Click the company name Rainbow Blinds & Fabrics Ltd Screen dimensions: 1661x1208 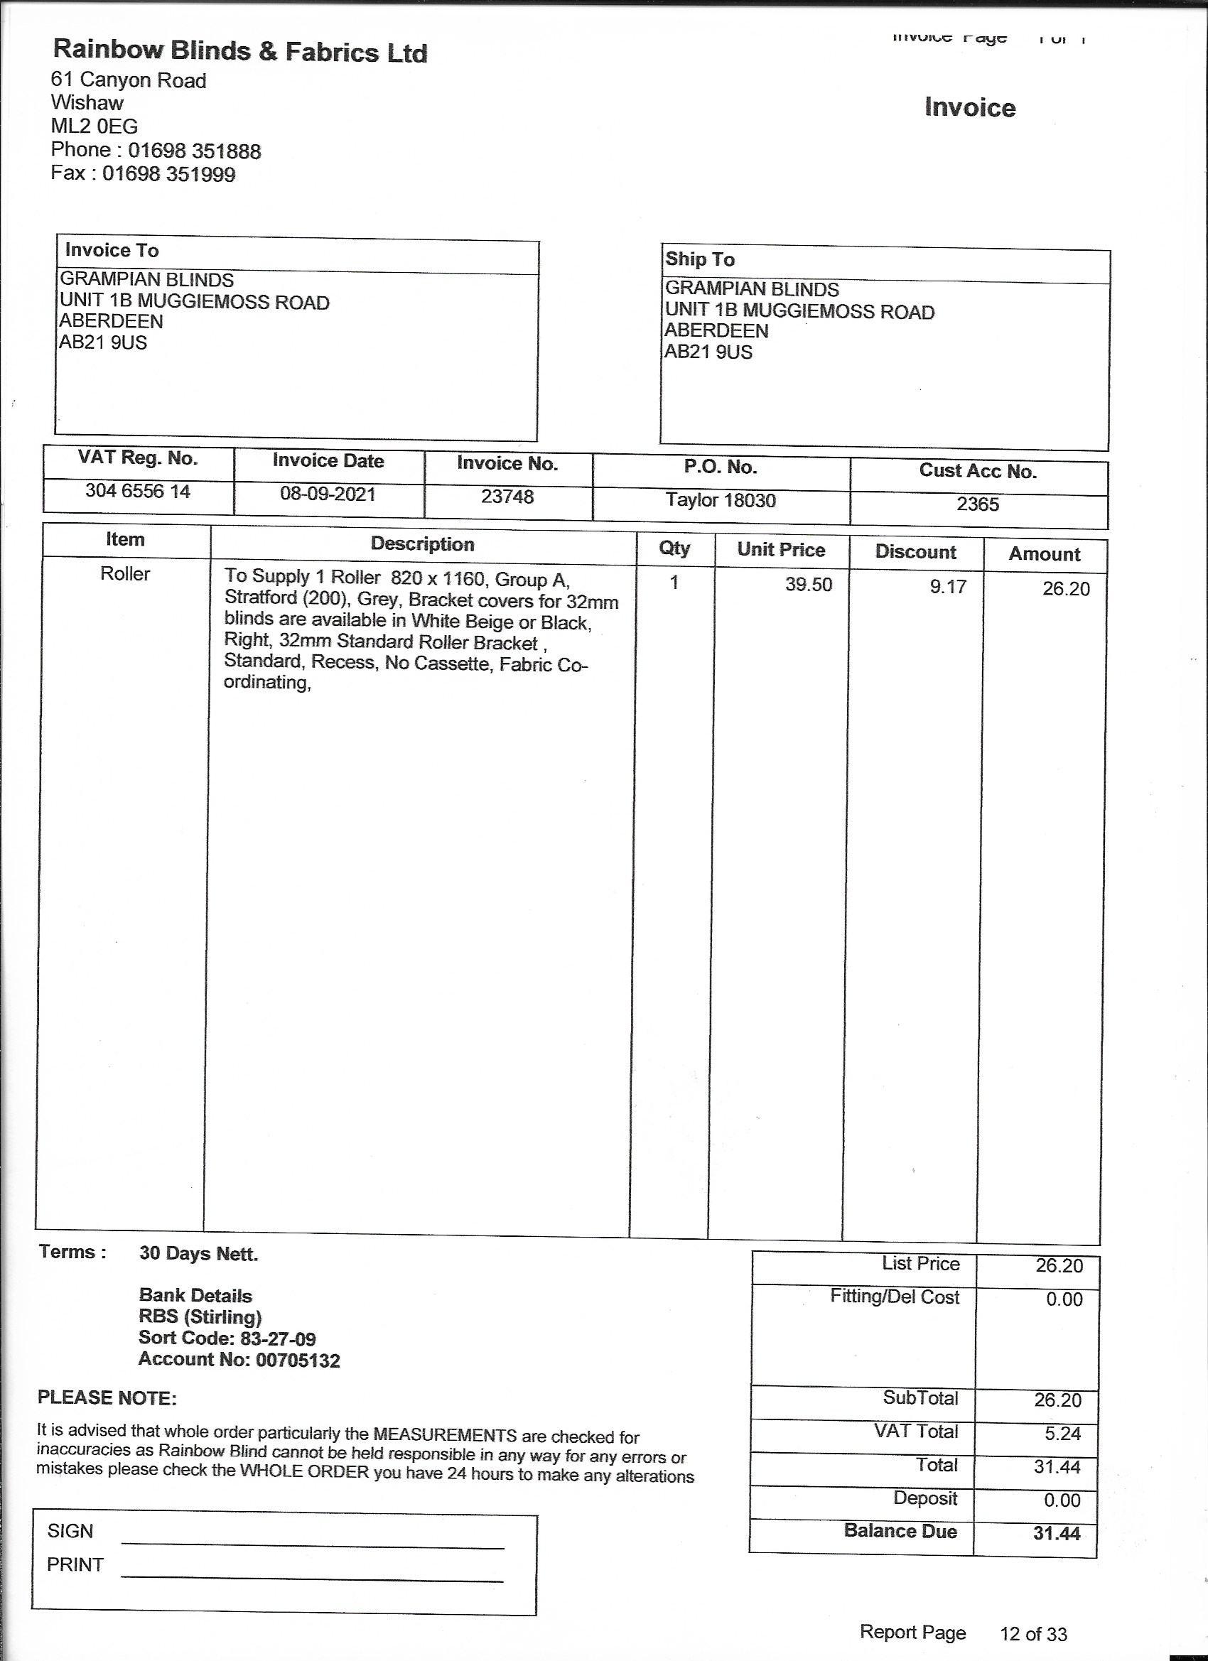pos(240,51)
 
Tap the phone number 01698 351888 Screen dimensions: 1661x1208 pos(194,151)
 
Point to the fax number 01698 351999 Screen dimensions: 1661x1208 pos(168,174)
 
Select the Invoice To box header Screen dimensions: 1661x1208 pos(112,251)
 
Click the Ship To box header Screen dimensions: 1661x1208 pos(700,259)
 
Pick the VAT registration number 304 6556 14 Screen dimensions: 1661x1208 pos(138,491)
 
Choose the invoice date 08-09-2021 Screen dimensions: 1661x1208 pos(328,494)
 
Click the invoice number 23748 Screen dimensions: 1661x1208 pos(507,497)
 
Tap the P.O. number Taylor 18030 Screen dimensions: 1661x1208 pos(720,500)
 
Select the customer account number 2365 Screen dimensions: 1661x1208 pos(977,504)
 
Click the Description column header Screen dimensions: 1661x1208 pos(422,544)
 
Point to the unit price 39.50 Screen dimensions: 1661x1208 pos(809,585)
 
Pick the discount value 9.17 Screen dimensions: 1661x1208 pos(948,587)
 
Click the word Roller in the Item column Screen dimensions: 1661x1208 pos(124,574)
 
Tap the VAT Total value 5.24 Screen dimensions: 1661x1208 pos(1062,1433)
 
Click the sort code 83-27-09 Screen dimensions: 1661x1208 pos(278,1338)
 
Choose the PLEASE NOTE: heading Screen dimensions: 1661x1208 pos(107,1398)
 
